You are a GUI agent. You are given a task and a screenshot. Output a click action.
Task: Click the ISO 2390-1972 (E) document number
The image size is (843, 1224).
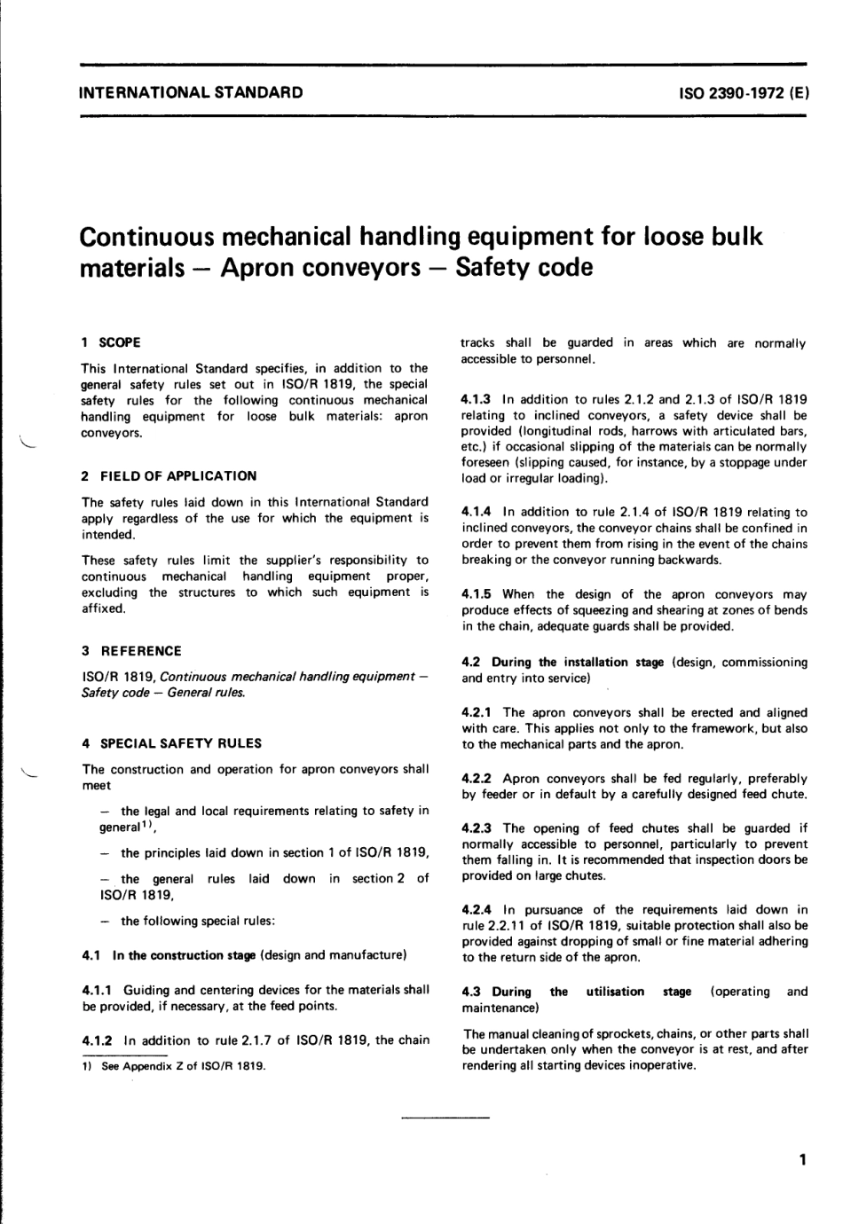743,92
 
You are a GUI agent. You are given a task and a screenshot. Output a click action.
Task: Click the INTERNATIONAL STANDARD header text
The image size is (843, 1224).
191,92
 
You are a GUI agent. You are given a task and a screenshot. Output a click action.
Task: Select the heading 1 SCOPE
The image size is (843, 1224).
111,342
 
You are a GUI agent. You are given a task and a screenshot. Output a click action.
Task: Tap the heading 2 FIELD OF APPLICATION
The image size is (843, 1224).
169,476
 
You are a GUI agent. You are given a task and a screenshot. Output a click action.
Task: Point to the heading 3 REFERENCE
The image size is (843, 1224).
131,651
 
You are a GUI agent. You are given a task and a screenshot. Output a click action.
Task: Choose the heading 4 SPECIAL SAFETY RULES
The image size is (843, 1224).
171,744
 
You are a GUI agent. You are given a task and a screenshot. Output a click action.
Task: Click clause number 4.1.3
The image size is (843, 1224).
477,400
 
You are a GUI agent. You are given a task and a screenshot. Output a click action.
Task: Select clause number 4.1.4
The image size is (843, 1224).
477,513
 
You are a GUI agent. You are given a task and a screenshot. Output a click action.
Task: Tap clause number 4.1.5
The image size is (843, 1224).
477,594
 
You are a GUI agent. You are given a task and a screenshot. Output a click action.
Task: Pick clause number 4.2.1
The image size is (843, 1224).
477,712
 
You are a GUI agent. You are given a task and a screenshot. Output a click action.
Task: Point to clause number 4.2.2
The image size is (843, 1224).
477,779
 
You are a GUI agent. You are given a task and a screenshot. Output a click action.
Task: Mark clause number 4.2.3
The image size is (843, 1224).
477,828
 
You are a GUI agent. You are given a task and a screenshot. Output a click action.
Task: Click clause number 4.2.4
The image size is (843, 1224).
477,910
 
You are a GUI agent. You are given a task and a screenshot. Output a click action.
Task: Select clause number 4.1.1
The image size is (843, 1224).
98,990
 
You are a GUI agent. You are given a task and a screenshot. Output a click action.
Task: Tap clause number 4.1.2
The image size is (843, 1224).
98,1040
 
